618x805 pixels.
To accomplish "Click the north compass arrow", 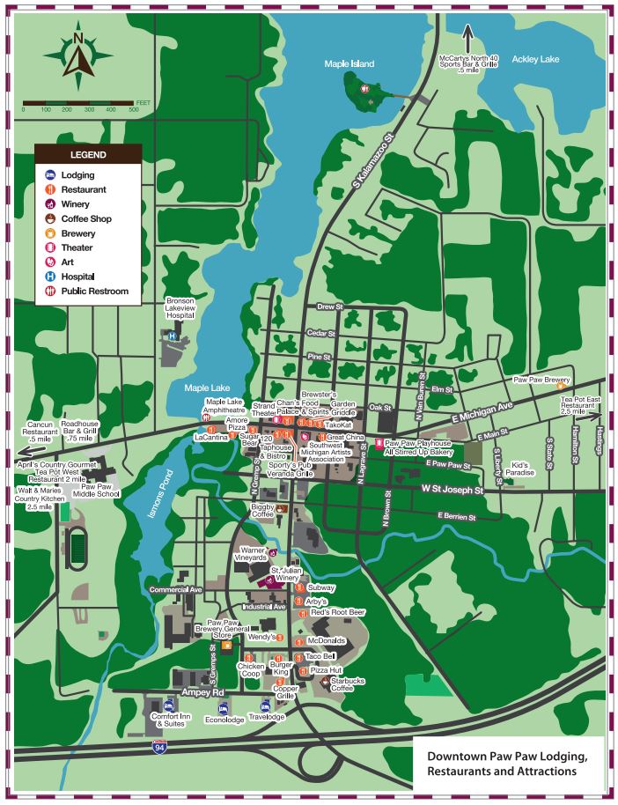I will pyautogui.click(x=78, y=58).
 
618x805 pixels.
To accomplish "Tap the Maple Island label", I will pyautogui.click(x=349, y=64).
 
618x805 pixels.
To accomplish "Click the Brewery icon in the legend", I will pyautogui.click(x=51, y=233).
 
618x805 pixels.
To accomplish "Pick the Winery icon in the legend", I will pyautogui.click(x=51, y=204).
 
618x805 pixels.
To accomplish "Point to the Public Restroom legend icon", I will pyautogui.click(x=51, y=292).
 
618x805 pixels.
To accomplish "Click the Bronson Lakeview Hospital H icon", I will pyautogui.click(x=173, y=336).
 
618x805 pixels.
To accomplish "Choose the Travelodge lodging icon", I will pyautogui.click(x=265, y=705).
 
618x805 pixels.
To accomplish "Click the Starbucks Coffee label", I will pyautogui.click(x=348, y=685).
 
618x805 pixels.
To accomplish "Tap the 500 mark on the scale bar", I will pyautogui.click(x=134, y=109).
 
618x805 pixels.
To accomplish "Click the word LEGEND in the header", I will pyautogui.click(x=88, y=155).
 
